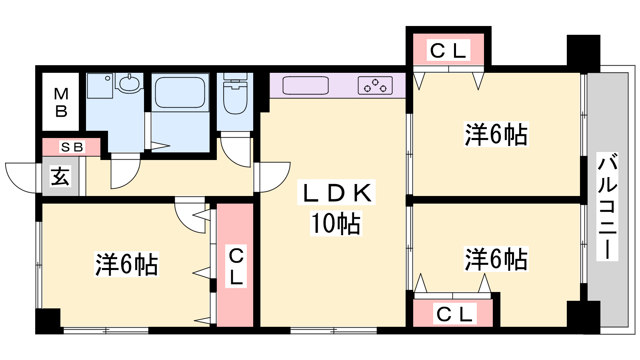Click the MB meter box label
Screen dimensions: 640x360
click(61, 102)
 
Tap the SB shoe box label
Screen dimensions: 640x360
click(72, 147)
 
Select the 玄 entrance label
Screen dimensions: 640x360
click(60, 177)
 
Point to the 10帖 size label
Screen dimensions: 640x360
click(336, 224)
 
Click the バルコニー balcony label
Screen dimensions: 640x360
click(607, 206)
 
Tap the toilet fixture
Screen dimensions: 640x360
click(235, 94)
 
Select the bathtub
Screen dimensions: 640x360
click(180, 92)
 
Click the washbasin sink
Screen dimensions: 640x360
click(129, 83)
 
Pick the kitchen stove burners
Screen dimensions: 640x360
click(375, 86)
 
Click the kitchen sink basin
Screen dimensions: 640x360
click(306, 85)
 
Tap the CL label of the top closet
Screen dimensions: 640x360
click(448, 50)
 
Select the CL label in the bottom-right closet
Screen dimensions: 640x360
click(454, 314)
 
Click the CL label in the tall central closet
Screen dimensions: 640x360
click(236, 266)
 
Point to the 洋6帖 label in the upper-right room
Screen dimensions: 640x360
click(496, 134)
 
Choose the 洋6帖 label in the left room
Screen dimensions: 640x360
click(126, 264)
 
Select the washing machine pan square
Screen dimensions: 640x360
click(100, 86)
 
